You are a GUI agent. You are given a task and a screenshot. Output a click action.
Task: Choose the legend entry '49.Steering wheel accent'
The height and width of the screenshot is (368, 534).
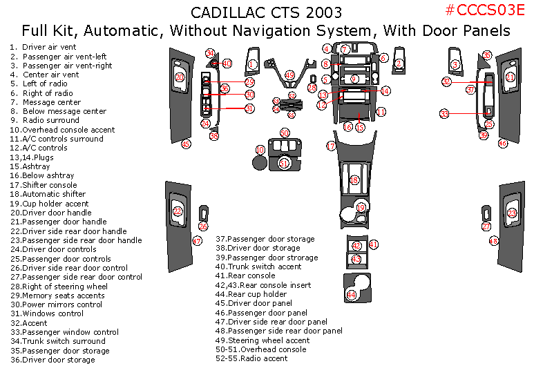click(263, 340)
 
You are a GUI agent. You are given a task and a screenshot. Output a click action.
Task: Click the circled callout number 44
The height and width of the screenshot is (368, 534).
click(352, 295)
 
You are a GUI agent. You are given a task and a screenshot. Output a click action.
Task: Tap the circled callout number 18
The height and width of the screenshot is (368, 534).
click(354, 180)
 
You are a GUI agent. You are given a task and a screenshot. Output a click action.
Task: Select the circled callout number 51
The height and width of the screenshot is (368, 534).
click(285, 163)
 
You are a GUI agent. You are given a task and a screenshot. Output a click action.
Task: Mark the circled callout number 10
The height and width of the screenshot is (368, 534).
click(260, 150)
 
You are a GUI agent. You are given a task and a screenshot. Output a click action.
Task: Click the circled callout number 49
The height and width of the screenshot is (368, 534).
click(289, 75)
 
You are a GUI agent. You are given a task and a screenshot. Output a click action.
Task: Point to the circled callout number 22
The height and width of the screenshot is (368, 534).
click(178, 211)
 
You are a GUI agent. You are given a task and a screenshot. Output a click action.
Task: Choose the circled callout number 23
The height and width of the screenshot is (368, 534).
click(512, 213)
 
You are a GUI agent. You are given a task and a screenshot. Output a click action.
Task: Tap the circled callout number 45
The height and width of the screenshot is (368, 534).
click(185, 144)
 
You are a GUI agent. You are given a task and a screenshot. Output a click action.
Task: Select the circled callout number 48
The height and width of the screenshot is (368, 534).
click(493, 241)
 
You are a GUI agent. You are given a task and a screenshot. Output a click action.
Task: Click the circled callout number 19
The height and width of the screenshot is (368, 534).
click(361, 207)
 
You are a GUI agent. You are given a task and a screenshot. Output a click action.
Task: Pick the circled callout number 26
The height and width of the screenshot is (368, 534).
click(203, 226)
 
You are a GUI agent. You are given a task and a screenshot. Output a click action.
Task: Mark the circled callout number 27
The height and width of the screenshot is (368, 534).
click(486, 226)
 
